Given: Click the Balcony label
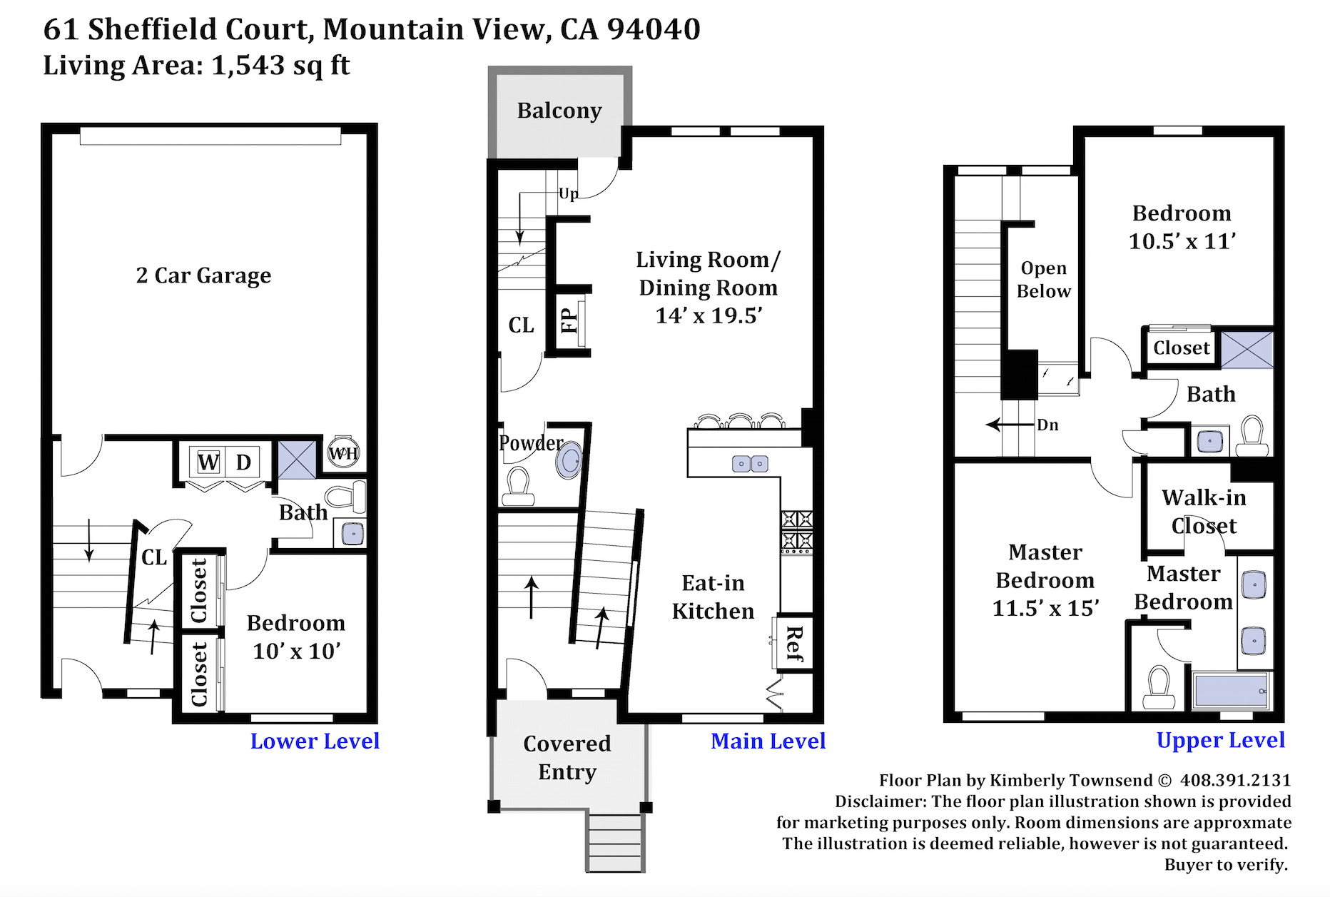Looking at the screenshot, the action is (559, 111).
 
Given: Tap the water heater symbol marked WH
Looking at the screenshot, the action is (343, 452).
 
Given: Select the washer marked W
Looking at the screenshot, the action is (208, 462).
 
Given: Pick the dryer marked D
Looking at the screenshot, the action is (244, 462).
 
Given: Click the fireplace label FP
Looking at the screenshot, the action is (569, 320).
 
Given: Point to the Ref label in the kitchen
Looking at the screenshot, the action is (794, 643).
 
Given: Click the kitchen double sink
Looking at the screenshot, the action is (750, 464).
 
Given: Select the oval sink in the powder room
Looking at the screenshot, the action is (570, 461).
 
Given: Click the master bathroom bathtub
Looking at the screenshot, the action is (1230, 691).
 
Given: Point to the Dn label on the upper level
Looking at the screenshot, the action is (1047, 425).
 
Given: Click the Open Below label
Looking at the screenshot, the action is (1044, 280).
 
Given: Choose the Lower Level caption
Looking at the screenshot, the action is (315, 741).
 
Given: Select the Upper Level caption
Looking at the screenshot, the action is (1221, 741).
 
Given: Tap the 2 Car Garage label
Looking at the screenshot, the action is (203, 275).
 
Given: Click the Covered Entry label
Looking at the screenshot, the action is (567, 758).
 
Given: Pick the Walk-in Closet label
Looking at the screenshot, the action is (1204, 512).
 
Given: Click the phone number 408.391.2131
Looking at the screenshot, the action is (1236, 780).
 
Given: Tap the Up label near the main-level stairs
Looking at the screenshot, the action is (569, 194).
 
